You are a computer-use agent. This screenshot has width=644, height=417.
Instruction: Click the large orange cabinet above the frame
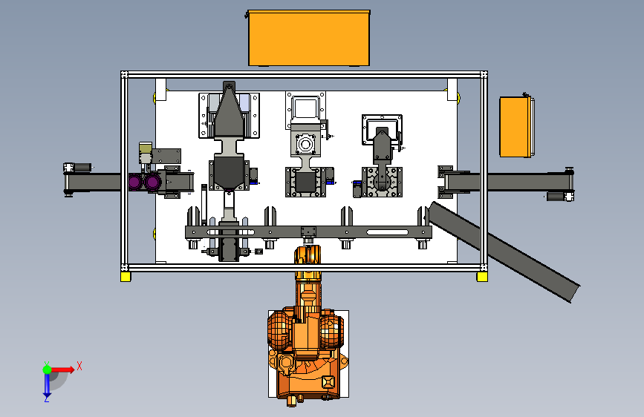click(x=309, y=38)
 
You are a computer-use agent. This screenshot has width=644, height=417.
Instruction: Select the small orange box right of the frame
click(x=516, y=127)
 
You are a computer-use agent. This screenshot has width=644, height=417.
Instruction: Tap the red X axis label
click(x=79, y=366)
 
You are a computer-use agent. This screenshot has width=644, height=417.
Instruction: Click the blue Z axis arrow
click(x=47, y=385)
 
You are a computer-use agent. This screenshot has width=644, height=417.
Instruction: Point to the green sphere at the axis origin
click(x=48, y=370)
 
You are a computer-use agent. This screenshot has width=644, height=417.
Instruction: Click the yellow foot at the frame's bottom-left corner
click(x=126, y=277)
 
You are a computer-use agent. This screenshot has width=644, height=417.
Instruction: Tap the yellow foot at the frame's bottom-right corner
click(x=482, y=277)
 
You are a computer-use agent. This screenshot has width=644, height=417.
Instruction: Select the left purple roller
click(x=135, y=182)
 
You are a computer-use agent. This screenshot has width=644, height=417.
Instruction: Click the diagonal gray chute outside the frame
click(x=504, y=252)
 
